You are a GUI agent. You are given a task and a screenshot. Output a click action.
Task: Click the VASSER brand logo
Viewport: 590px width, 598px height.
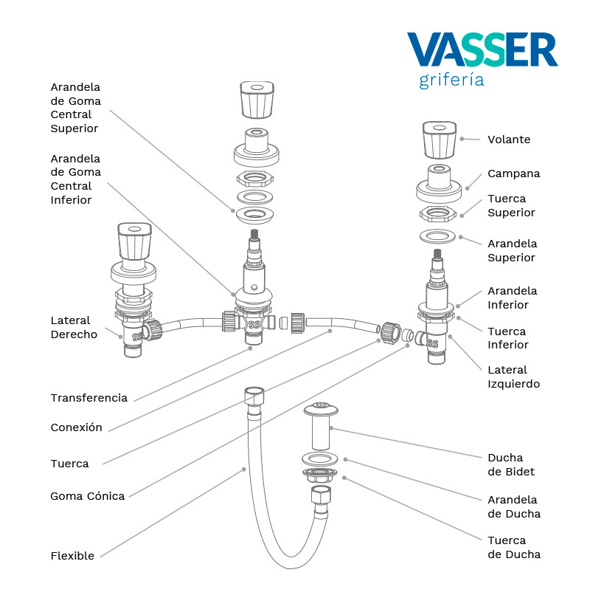482,50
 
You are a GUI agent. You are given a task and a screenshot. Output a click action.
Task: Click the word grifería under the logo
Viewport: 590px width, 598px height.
451,80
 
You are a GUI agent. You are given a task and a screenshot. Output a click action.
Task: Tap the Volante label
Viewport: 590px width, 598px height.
509,140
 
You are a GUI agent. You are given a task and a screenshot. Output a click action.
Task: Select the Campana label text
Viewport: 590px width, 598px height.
514,173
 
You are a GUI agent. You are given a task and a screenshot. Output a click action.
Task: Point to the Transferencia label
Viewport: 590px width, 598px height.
89,398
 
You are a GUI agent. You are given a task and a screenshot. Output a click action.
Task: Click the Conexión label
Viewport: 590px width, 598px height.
76,427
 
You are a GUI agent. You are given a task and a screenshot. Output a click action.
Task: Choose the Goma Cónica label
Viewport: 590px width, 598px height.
88,496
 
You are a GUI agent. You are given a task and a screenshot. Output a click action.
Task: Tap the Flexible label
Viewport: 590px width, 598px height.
72,556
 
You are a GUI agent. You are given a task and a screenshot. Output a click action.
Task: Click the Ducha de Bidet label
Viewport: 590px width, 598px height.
511,464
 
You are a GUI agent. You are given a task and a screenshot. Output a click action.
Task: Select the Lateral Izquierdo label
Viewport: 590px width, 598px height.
514,377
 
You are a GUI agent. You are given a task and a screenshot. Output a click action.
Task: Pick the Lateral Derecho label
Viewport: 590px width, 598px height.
74,327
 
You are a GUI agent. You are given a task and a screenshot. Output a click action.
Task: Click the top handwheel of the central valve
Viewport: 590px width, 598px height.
257,99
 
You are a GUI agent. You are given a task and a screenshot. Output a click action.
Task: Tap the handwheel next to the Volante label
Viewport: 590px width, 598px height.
440,140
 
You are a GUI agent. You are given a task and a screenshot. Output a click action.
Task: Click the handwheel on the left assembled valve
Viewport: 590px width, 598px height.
134,241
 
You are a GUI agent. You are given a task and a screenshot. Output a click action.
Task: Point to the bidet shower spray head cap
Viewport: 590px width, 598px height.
321,409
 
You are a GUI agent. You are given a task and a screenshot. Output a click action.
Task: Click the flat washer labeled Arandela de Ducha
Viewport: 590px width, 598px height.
320,458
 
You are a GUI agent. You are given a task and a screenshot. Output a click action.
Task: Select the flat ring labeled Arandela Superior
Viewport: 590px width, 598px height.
437,236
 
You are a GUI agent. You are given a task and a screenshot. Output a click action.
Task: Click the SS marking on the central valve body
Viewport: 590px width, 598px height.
254,325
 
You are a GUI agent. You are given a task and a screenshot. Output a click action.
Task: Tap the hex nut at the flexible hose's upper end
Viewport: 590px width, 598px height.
254,395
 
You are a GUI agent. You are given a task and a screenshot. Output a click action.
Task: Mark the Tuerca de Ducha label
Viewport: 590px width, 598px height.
514,547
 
